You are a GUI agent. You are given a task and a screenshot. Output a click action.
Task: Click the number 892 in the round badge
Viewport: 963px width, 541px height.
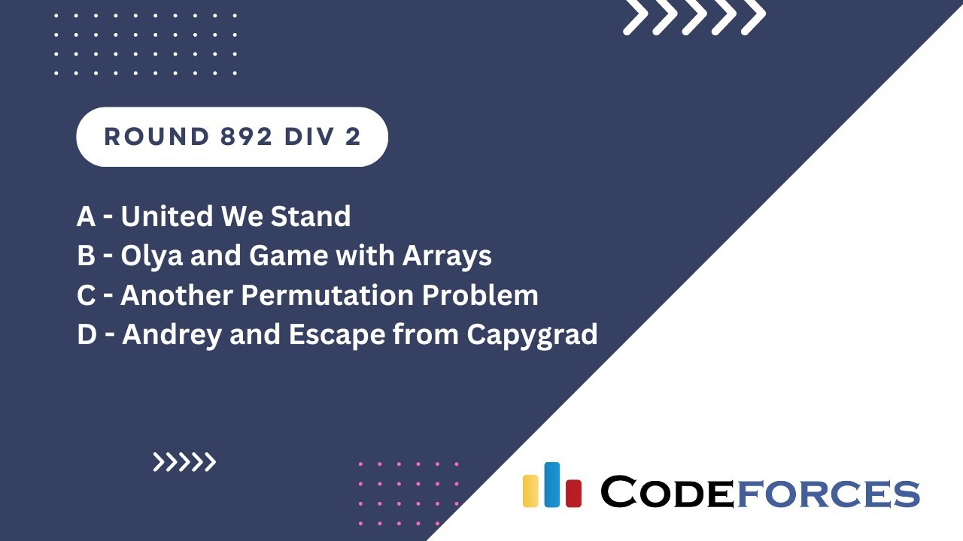click(235, 137)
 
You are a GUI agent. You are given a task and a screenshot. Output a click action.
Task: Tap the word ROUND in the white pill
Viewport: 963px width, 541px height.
click(146, 137)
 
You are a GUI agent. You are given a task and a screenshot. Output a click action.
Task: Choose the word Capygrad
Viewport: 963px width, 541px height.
click(532, 335)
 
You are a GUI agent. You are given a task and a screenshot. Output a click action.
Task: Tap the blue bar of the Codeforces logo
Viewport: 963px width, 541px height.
click(551, 485)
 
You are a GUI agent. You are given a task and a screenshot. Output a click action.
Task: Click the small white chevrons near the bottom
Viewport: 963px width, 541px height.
click(184, 462)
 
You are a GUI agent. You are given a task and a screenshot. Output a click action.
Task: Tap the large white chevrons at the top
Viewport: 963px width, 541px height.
click(694, 17)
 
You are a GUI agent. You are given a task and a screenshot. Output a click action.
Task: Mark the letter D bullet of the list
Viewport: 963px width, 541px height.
click(87, 335)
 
